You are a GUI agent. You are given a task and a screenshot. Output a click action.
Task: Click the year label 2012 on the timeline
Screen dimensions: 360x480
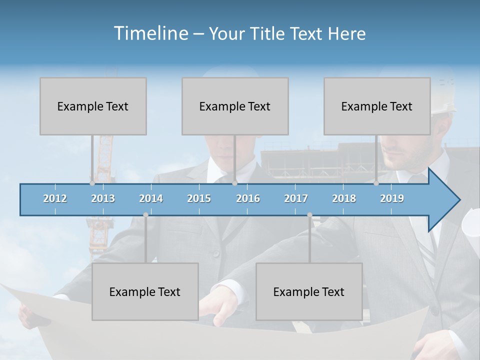point(55,198)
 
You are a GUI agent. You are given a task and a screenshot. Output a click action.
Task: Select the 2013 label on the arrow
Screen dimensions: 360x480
point(103,198)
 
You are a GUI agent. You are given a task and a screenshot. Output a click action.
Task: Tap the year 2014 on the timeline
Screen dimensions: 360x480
point(151,198)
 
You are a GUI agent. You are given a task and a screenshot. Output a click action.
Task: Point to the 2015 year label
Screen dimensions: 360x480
point(199,198)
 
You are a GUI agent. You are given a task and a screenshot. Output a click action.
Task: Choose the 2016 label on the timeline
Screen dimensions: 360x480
point(248,198)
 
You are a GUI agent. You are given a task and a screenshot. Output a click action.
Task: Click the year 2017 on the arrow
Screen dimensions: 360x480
point(296,198)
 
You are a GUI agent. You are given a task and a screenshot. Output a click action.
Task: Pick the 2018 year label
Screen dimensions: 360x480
point(344,198)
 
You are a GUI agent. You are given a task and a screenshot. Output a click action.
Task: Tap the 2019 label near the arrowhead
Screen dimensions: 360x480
point(392,198)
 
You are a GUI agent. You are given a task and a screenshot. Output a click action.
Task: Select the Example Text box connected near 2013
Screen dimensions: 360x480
point(93,106)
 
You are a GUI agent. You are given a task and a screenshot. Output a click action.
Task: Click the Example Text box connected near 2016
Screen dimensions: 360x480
point(235,106)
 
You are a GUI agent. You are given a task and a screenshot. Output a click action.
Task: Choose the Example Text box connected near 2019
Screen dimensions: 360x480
point(377,106)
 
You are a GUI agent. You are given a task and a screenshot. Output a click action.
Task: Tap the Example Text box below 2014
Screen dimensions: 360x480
point(145,291)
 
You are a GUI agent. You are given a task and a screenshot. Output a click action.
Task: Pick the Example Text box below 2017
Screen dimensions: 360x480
point(309,291)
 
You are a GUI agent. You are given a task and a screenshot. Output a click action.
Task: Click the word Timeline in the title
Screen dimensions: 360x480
point(150,33)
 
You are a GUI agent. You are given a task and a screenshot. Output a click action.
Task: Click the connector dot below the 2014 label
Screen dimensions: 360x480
point(145,215)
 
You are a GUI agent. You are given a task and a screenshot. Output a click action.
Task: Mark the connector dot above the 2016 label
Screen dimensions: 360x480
point(234,183)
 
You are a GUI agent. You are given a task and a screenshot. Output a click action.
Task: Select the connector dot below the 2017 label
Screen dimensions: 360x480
point(309,215)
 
